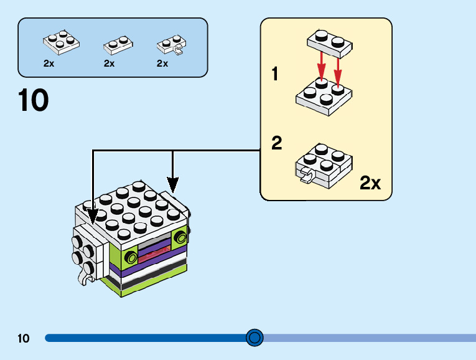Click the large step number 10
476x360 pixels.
[34, 101]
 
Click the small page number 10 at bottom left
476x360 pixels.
[24, 339]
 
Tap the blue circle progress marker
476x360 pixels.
[254, 338]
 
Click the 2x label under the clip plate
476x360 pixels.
[162, 64]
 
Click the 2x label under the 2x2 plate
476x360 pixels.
[49, 64]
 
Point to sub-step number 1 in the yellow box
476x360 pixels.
[275, 75]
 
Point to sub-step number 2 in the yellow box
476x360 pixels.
[277, 143]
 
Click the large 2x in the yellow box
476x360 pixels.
[370, 182]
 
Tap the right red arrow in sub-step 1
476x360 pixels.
[338, 69]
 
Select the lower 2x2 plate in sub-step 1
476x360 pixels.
[324, 97]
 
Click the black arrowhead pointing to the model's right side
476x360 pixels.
[172, 185]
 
